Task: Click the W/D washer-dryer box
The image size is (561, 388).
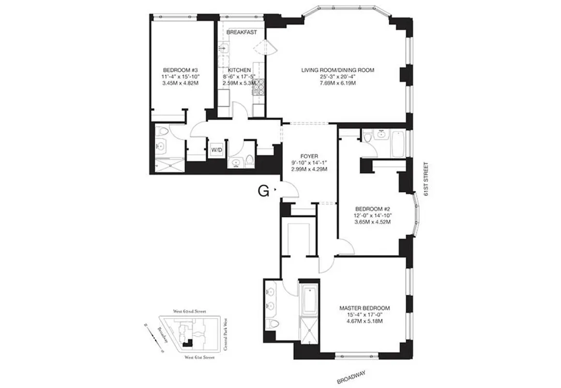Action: click(216, 150)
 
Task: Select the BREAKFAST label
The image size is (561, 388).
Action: click(243, 32)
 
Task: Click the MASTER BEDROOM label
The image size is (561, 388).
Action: click(364, 308)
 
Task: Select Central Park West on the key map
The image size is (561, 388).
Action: click(225, 335)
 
